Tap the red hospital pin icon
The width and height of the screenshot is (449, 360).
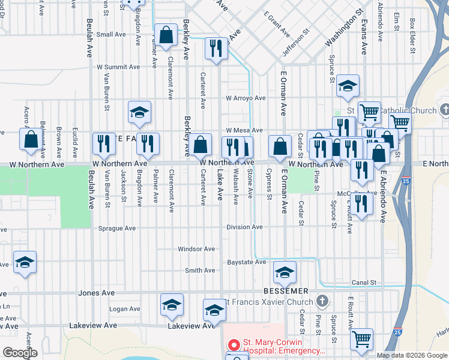point(234,346)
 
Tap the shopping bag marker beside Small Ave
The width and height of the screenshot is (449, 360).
point(166,35)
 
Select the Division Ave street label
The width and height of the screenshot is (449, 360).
point(244,227)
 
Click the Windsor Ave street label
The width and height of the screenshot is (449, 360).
point(196,249)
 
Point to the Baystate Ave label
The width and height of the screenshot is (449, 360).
point(246,262)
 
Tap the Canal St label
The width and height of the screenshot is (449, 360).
point(364,282)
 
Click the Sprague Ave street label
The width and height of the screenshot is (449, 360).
point(118,229)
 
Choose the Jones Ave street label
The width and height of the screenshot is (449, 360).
point(96,293)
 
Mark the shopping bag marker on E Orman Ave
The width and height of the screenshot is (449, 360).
point(280,146)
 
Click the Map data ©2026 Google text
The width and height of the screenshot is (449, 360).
point(411,355)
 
